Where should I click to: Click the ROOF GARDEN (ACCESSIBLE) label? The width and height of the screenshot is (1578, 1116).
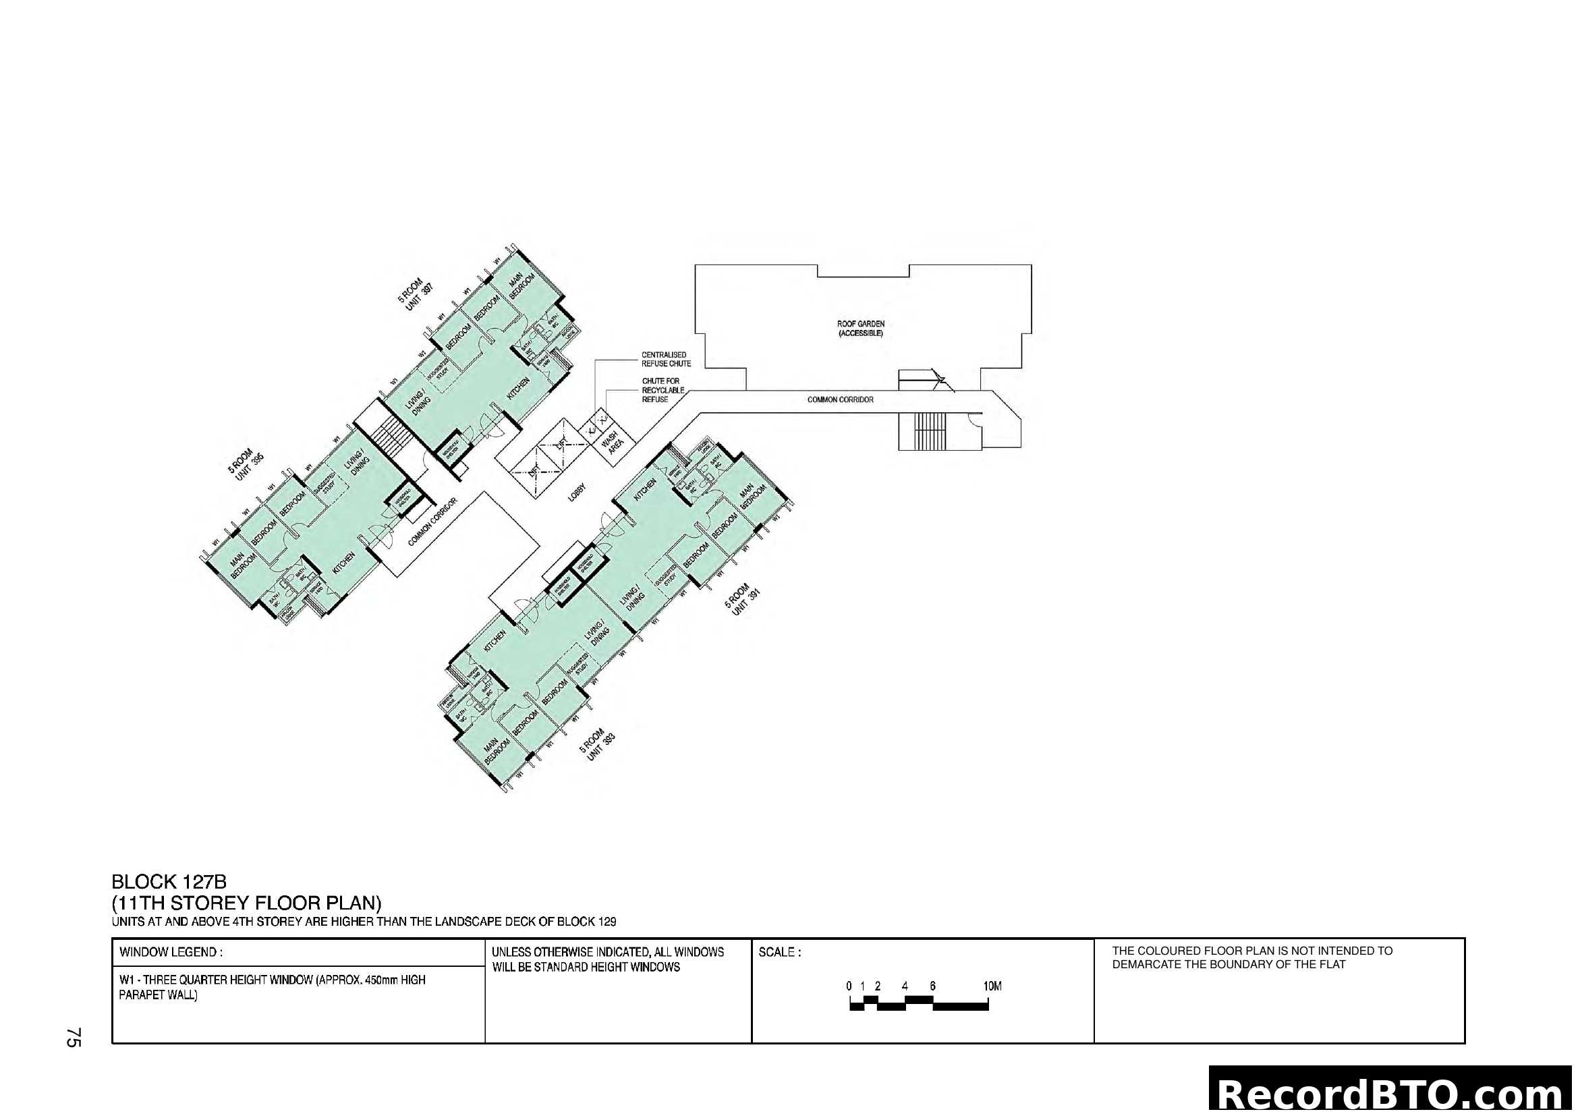click(x=860, y=329)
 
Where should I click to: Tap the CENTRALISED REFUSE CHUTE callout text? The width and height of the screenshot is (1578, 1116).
click(x=665, y=360)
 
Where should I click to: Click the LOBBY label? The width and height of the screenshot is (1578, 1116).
click(x=577, y=492)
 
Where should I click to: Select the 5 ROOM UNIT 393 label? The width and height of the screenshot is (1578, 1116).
click(x=596, y=746)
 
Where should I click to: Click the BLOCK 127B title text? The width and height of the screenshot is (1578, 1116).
click(x=169, y=882)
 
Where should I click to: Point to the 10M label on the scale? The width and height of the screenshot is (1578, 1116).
click(x=992, y=986)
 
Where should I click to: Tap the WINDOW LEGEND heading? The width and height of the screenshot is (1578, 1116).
click(x=171, y=953)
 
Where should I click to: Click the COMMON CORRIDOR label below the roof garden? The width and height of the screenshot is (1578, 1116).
click(x=840, y=399)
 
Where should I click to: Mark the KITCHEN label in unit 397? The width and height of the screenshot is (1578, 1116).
click(x=517, y=389)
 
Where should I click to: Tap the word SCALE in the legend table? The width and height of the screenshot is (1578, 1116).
click(x=779, y=953)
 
